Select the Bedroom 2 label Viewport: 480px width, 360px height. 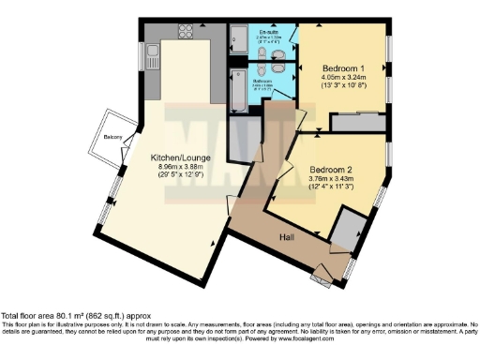click(332, 170)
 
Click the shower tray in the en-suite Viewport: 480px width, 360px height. click(239, 39)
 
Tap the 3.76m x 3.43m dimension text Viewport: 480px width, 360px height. click(332, 180)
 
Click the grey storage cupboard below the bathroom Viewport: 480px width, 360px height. click(245, 130)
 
